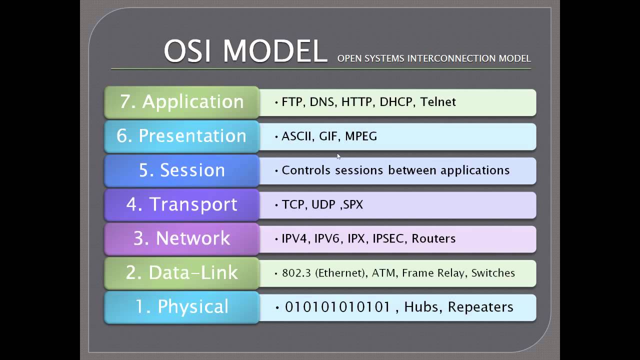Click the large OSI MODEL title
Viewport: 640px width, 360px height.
pos(245,51)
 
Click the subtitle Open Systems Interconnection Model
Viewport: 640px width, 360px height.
pos(433,58)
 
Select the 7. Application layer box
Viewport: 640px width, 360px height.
pos(181,102)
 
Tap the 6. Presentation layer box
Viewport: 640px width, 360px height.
pos(181,136)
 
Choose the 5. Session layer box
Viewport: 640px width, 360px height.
pos(181,170)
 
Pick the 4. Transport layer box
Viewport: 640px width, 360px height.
pos(181,204)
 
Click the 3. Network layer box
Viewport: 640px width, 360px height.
pos(181,238)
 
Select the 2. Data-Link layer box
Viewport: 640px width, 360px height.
pos(181,272)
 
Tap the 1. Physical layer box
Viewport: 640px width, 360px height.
pos(181,307)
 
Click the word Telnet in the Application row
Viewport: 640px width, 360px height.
pos(438,102)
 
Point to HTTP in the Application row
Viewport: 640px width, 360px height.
pos(356,102)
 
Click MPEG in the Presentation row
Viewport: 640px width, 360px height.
pos(360,136)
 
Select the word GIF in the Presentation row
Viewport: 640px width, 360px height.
pos(328,136)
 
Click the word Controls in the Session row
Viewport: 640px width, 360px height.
pos(306,170)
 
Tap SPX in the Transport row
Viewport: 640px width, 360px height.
pos(353,204)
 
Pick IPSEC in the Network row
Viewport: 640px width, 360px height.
pos(388,238)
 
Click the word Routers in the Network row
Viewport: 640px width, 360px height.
pos(433,238)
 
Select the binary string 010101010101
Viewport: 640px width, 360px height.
pos(337,307)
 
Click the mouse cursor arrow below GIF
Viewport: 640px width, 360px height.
pos(338,156)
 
